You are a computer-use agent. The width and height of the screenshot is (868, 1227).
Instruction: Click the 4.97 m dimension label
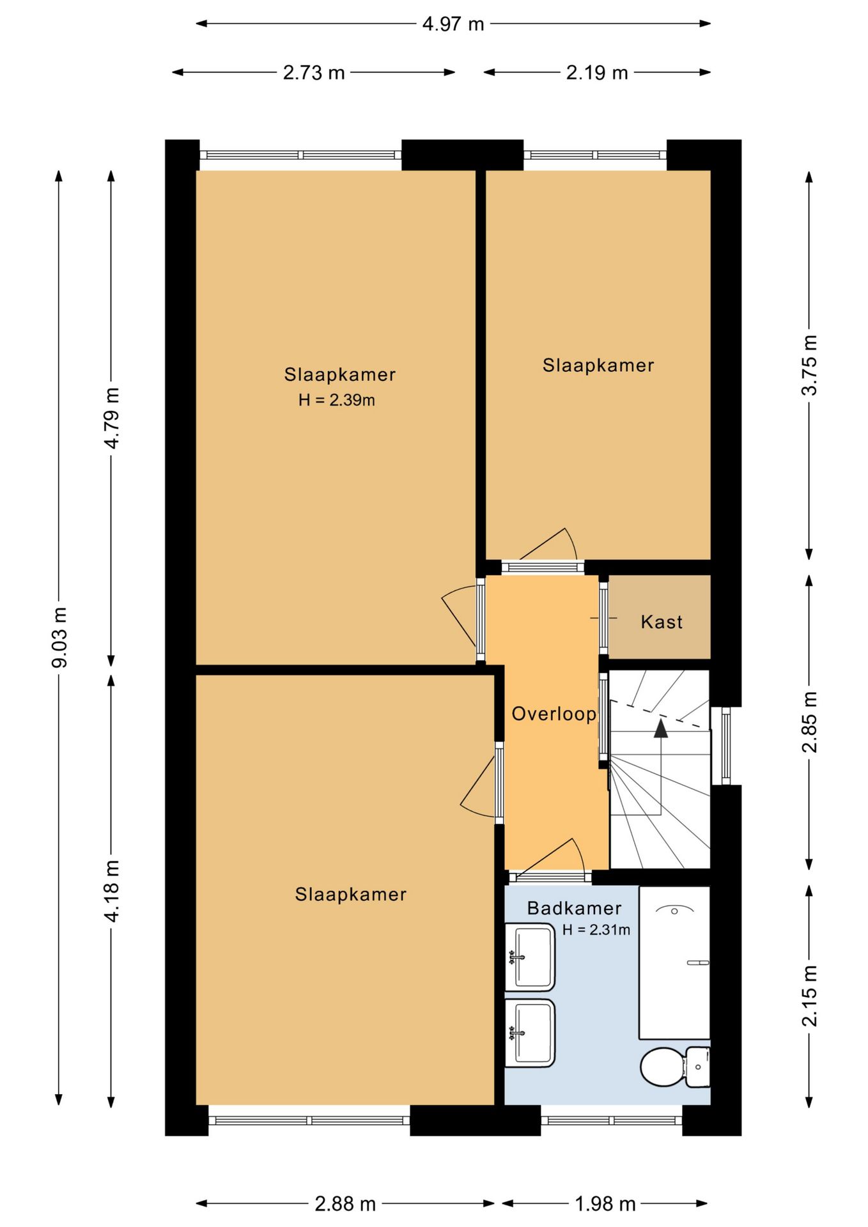tap(453, 24)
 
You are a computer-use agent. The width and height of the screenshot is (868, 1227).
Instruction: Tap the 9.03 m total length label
tap(59, 637)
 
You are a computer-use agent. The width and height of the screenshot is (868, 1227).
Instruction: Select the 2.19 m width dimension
tap(597, 73)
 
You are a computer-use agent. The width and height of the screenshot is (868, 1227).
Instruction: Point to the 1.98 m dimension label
tap(605, 1205)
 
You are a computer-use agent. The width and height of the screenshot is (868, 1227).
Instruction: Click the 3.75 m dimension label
tap(810, 365)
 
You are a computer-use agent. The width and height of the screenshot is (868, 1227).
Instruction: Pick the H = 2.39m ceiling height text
tap(337, 401)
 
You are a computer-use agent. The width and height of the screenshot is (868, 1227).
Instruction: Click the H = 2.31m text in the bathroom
tap(596, 930)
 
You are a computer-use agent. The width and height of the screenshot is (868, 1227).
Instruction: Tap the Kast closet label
tap(662, 622)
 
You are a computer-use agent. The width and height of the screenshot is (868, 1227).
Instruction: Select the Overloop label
tap(554, 714)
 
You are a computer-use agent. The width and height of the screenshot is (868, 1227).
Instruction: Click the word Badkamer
tap(575, 908)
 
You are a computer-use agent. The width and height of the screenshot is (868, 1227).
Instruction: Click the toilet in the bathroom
tap(675, 1067)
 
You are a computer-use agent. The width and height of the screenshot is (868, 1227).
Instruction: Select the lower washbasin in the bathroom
tap(530, 1033)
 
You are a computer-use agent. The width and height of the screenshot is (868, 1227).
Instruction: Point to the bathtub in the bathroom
tap(674, 962)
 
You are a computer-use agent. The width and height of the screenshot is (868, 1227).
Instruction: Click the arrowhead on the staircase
tap(660, 729)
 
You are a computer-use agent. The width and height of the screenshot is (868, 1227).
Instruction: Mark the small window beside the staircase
tap(725, 746)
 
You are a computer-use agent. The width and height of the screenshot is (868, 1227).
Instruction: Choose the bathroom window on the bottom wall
tap(612, 1120)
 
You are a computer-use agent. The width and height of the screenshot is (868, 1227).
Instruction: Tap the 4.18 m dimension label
tap(112, 891)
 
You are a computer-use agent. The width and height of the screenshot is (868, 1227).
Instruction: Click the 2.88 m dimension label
tap(345, 1205)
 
